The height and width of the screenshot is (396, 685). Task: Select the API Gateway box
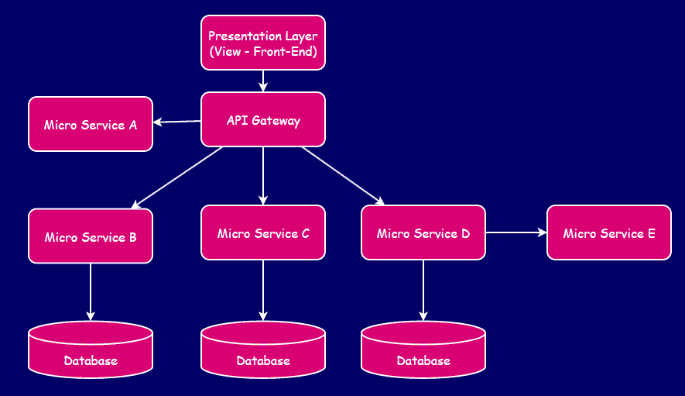click(263, 120)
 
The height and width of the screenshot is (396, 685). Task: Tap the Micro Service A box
click(91, 124)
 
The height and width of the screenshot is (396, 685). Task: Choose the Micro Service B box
click(91, 236)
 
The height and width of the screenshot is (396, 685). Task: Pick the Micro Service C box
click(263, 232)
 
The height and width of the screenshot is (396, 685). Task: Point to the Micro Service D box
click(423, 232)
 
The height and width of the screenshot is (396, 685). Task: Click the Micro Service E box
click(609, 232)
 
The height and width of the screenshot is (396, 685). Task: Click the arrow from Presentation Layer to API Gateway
click(263, 81)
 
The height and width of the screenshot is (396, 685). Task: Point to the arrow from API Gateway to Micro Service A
click(177, 121)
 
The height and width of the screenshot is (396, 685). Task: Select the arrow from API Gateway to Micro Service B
click(177, 177)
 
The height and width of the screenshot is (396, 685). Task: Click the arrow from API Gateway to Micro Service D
click(343, 176)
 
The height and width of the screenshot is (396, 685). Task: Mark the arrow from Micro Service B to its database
click(91, 291)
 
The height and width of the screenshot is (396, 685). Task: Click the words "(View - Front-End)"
click(263, 53)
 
